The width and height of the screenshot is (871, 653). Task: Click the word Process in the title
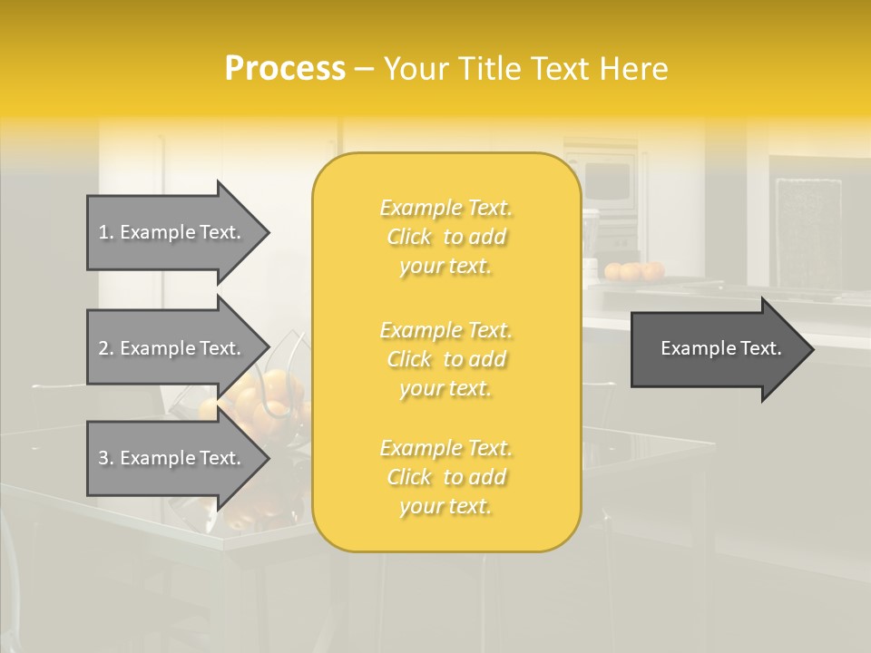pos(285,69)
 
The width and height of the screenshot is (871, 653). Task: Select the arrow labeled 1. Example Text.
pos(172,232)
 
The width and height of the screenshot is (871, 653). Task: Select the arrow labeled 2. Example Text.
pos(172,348)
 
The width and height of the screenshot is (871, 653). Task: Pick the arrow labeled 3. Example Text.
pos(172,458)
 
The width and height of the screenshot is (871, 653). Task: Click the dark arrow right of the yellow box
pos(717,349)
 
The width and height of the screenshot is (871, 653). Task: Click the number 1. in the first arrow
pos(106,232)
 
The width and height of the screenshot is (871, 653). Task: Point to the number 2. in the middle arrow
pos(106,348)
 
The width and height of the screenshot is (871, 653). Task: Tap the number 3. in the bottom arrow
pos(106,458)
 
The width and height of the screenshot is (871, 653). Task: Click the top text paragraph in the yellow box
pos(445,237)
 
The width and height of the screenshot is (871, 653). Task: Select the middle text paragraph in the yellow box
pos(445,359)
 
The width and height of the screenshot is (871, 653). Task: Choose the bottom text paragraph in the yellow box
pos(445,477)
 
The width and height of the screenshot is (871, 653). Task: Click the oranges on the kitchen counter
pos(635,270)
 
